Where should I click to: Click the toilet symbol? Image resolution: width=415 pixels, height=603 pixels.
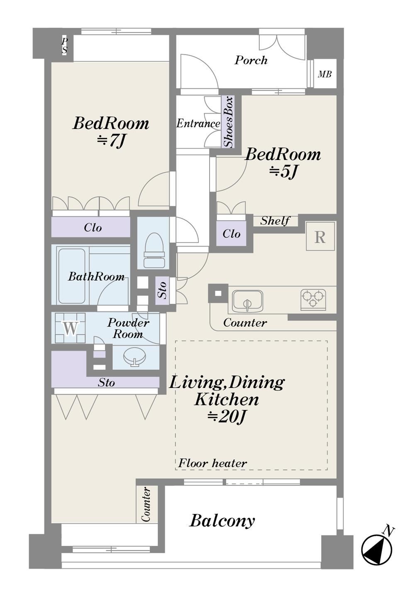tap(154, 250)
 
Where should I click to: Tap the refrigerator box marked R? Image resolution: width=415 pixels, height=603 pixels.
tap(320, 236)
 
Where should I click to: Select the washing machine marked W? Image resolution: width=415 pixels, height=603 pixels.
tap(70, 328)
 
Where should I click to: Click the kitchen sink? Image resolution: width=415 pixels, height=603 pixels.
tap(248, 300)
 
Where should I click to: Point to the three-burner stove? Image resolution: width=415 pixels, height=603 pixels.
tap(313, 298)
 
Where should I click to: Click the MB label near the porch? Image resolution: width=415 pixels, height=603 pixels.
tap(325, 74)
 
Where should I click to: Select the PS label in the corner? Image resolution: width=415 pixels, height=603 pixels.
tap(64, 46)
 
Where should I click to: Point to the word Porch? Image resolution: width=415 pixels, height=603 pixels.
tap(251, 61)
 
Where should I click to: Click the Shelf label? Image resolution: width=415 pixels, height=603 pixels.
tap(275, 221)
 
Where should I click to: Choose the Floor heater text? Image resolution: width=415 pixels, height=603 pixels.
tap(212, 463)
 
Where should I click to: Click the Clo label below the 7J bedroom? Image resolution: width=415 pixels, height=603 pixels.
tap(93, 228)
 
